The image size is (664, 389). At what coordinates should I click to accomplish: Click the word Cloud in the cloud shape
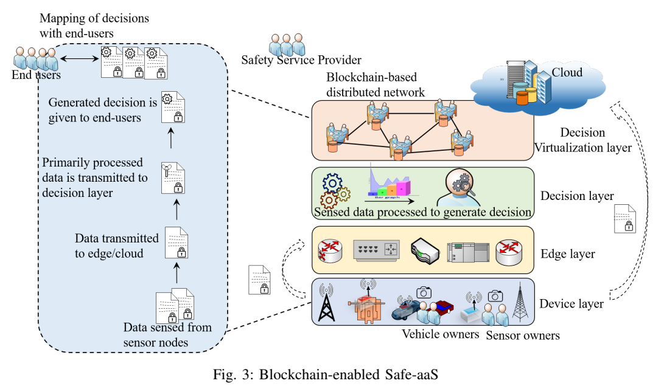click(x=567, y=73)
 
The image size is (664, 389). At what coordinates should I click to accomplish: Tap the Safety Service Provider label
click(x=301, y=60)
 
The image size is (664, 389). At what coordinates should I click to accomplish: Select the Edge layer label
click(x=567, y=253)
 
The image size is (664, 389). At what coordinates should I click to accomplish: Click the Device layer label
click(x=571, y=303)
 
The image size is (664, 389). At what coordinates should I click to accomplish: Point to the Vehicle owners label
click(x=441, y=333)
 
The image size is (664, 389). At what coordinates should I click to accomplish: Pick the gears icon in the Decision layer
click(x=334, y=190)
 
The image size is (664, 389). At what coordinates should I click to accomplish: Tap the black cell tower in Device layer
click(x=327, y=303)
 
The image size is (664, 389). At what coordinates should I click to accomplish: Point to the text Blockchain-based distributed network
click(x=376, y=85)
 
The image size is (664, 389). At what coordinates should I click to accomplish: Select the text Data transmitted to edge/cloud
click(x=116, y=246)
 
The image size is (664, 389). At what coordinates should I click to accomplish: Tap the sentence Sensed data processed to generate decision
click(x=423, y=213)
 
